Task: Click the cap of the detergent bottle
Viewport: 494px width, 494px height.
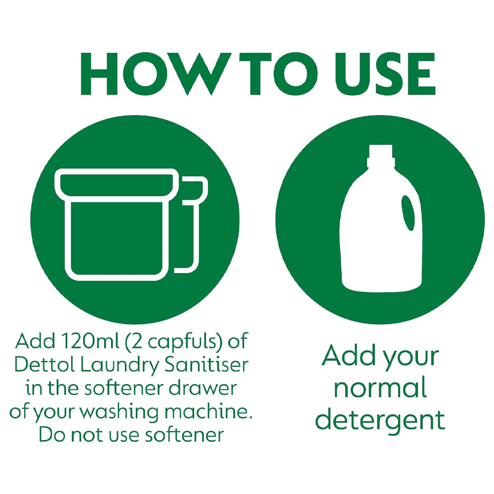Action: pyautogui.click(x=379, y=155)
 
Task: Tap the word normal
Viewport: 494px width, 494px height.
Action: pyautogui.click(x=380, y=388)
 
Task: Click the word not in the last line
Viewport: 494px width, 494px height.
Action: pyautogui.click(x=84, y=435)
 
